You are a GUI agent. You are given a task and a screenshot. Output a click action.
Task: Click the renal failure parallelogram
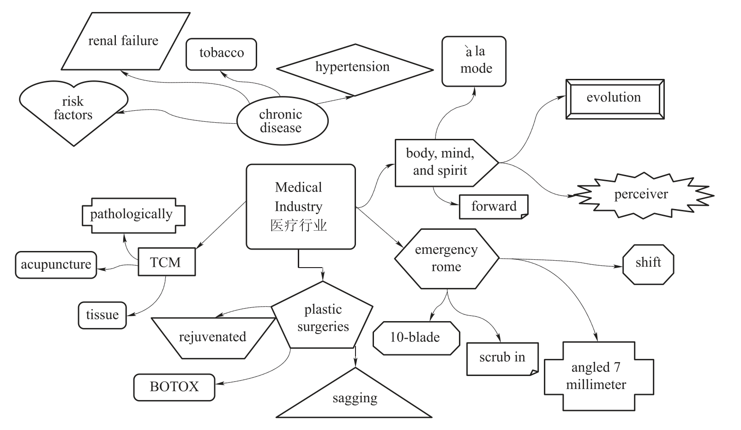(124, 41)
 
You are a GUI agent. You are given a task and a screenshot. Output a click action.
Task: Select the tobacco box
(221, 54)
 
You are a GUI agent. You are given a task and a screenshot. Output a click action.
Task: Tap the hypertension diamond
(353, 68)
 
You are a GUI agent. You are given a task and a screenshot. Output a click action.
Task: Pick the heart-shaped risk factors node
(73, 109)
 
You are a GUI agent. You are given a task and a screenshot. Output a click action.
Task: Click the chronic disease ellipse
(282, 121)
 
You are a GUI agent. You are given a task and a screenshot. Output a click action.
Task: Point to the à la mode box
(474, 61)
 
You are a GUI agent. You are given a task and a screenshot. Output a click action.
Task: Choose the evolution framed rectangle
(614, 98)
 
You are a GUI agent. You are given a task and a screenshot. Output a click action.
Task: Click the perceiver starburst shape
(642, 195)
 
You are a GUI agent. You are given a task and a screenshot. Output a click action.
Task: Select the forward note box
(494, 206)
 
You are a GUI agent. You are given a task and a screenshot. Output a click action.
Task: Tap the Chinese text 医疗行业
(299, 226)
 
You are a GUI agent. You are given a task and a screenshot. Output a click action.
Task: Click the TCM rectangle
(166, 262)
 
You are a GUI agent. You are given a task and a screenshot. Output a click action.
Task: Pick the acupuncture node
(56, 265)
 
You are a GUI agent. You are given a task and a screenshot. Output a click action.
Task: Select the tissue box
(102, 315)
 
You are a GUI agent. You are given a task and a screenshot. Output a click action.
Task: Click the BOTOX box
(174, 387)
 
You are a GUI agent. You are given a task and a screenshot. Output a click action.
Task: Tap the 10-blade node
(416, 338)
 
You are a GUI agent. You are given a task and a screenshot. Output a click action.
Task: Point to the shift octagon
(648, 263)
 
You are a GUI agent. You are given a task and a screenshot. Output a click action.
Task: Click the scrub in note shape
(502, 358)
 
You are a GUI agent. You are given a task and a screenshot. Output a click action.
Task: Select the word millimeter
(596, 385)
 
